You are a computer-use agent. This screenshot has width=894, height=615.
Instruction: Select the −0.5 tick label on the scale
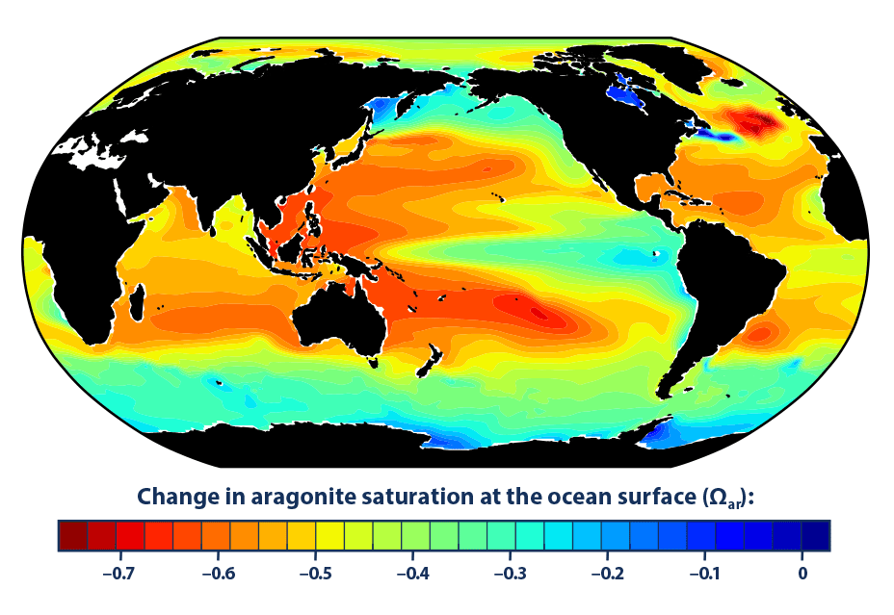pos(316,575)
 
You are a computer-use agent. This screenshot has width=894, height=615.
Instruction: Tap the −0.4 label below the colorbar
pos(415,575)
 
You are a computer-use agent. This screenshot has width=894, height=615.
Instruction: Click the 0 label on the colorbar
pos(802,575)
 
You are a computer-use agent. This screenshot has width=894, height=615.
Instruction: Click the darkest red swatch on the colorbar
pos(72,535)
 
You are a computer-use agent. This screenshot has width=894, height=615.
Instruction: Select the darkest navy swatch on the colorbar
pos(815,535)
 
